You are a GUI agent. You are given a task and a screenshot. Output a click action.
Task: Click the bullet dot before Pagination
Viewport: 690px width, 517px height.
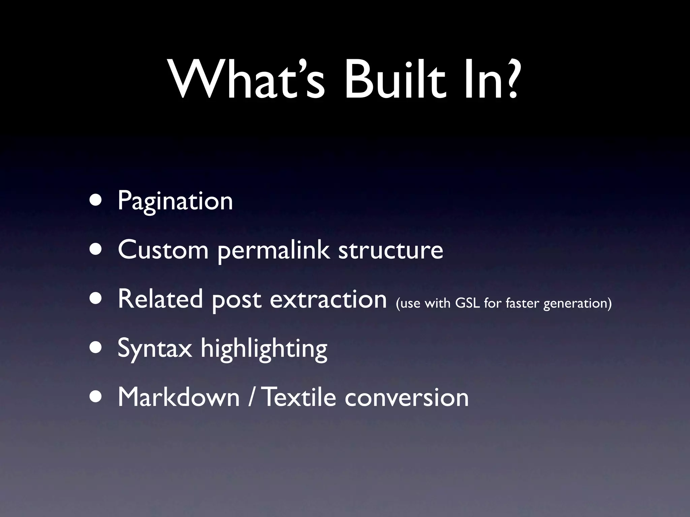pos(97,201)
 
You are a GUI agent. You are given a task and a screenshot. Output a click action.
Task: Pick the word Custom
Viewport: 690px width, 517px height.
pos(163,250)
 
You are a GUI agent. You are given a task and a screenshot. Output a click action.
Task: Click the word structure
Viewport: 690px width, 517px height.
pos(390,250)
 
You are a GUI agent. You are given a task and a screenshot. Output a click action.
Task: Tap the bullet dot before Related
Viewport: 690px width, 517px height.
pos(97,299)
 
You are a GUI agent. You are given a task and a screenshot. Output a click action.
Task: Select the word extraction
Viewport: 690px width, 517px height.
pos(328,299)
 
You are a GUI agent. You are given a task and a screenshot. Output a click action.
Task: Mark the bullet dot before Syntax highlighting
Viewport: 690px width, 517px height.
pos(97,348)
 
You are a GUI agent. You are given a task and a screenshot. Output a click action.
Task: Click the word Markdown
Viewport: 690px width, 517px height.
pos(179,397)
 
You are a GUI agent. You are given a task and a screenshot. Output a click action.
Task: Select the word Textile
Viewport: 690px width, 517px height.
pos(299,397)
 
